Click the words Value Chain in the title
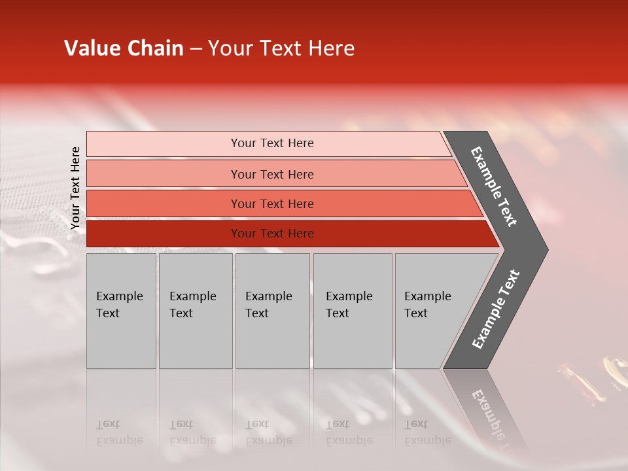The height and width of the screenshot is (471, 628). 124,48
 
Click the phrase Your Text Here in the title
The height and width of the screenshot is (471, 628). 281,48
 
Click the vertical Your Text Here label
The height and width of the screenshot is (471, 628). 75,188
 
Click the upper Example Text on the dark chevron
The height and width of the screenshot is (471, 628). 494,186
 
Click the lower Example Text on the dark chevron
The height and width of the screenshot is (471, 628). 495,309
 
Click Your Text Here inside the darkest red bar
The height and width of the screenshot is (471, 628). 272,234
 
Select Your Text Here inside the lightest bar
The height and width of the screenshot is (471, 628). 272,143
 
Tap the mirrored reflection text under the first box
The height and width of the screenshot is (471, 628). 119,432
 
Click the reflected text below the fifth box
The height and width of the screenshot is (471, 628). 427,432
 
